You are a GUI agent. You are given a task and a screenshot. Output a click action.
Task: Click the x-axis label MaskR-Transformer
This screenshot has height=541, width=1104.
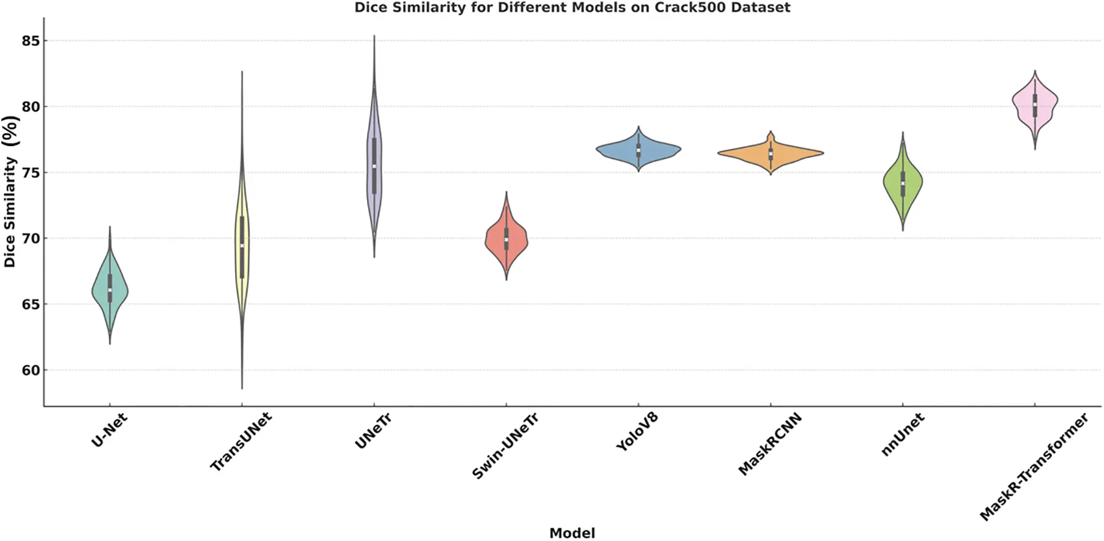[1034, 466]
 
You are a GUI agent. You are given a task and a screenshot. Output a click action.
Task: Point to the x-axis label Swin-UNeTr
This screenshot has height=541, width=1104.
[505, 446]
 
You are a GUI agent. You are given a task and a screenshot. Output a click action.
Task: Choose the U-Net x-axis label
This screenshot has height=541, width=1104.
[109, 429]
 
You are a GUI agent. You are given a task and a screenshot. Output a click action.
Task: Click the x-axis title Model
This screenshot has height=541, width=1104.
[572, 533]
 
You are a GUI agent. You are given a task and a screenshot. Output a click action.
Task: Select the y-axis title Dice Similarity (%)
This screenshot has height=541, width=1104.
[10, 191]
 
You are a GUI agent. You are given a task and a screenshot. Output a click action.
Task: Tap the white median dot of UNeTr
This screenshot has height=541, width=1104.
[374, 166]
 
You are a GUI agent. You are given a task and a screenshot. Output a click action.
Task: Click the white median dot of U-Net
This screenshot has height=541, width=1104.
[110, 290]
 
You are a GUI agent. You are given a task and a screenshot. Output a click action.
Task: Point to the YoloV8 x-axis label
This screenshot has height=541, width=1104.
[637, 432]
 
